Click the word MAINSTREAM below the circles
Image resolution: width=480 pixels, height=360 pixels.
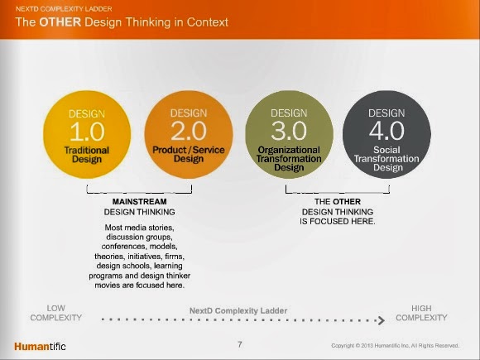139,201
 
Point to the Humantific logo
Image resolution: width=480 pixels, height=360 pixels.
40,345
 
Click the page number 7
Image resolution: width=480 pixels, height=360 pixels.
239,343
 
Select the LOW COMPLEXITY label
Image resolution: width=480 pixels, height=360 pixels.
55,313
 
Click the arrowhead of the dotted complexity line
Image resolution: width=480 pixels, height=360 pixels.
382,319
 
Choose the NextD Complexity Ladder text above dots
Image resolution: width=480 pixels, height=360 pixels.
238,310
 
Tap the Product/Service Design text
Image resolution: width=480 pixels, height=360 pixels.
189,155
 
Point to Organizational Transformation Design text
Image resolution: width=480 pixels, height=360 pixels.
289,158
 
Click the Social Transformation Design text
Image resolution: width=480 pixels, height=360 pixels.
386,158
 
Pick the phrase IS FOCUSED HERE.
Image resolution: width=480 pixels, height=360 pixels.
338,221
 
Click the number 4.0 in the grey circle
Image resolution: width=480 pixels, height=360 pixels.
386,131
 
